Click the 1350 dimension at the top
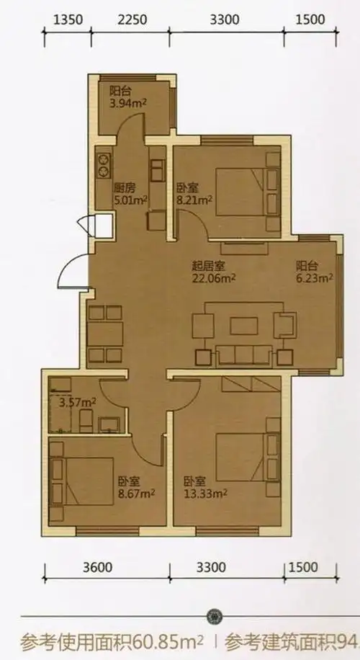click(x=68, y=19)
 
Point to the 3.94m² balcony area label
click(x=127, y=103)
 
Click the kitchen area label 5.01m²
click(x=130, y=200)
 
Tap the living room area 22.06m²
click(x=214, y=277)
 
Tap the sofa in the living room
click(x=245, y=353)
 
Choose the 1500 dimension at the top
click(x=311, y=19)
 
